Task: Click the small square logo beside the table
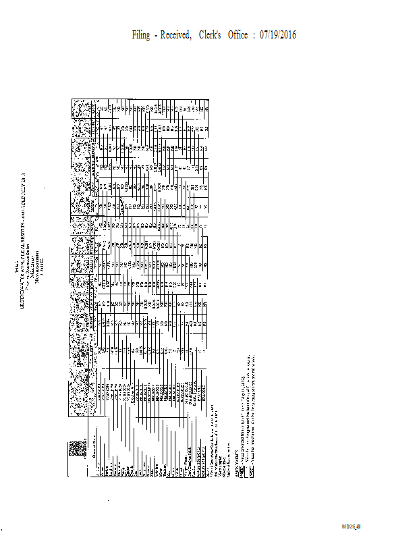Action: pos(74,448)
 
